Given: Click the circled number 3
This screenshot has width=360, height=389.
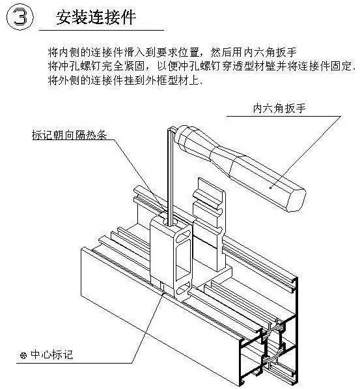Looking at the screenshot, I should pyautogui.click(x=21, y=18).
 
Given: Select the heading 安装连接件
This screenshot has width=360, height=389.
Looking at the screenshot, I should pyautogui.click(x=96, y=18).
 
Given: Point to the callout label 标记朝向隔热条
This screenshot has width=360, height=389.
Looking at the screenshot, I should pyautogui.click(x=68, y=136).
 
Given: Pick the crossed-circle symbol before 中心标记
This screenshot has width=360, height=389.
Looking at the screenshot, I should pyautogui.click(x=23, y=356).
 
